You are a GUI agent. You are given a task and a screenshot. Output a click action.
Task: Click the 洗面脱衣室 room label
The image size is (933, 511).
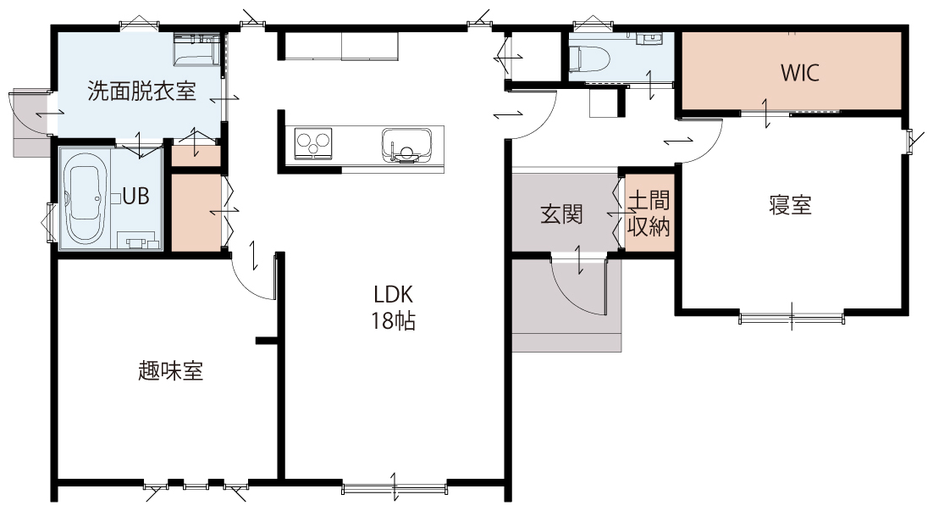pos(141,92)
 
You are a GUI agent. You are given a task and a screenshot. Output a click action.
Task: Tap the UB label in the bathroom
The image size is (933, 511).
pos(135,196)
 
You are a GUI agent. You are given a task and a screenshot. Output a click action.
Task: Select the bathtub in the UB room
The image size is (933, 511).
pos(88,198)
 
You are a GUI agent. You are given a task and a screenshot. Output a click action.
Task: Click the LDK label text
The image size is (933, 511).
pos(393,294)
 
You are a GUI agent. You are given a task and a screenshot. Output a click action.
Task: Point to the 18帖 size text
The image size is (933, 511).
pos(394,321)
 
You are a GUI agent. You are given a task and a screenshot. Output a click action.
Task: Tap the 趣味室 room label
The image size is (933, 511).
pos(171,370)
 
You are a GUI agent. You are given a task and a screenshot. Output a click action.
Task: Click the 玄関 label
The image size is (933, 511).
pos(561,214)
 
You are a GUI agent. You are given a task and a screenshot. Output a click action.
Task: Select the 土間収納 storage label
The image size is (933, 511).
pos(649,214)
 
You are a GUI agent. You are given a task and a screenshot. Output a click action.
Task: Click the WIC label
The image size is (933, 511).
pos(800,73)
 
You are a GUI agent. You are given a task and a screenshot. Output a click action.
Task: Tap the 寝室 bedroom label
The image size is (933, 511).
pos(790,205)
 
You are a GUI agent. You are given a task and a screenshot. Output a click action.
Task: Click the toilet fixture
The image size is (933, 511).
pos(589,59)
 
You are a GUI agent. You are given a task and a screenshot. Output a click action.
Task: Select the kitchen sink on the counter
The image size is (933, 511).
pos(407,145)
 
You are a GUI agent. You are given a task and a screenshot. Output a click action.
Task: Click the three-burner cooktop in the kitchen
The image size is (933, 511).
pos(313,143)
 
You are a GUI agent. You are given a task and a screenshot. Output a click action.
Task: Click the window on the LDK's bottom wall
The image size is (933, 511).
pos(395,489)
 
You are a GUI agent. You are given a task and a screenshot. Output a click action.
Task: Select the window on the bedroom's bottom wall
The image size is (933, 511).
pos(792,318)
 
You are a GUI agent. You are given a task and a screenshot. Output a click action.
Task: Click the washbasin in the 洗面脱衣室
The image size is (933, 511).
pos(196,49)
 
